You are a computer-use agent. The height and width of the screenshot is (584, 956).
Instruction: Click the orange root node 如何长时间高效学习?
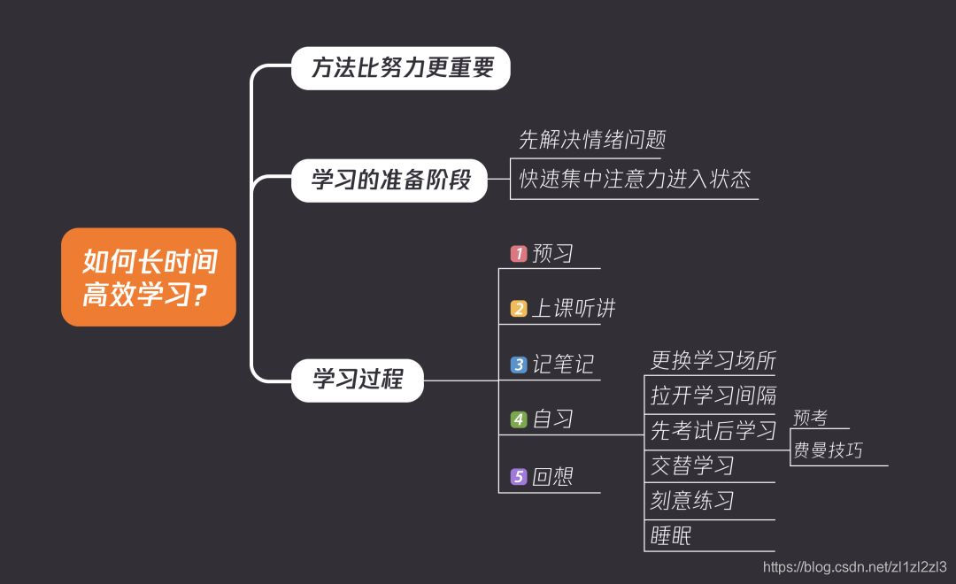(149, 277)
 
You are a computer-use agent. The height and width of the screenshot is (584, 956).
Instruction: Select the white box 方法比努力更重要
(401, 68)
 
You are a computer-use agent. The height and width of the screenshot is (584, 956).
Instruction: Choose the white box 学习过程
(358, 380)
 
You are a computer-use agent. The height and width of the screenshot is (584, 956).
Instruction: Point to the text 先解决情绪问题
(591, 140)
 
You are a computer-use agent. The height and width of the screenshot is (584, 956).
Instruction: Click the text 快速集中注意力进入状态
(634, 179)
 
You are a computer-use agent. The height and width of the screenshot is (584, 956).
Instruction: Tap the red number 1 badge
(519, 254)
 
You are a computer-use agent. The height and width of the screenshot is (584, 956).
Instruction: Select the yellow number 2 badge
(519, 309)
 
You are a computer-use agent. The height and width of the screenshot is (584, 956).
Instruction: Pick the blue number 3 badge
(519, 365)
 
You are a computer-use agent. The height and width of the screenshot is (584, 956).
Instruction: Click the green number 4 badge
(519, 419)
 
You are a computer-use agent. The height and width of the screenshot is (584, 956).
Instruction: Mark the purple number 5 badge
(519, 477)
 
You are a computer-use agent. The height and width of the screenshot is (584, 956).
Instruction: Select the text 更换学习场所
(713, 360)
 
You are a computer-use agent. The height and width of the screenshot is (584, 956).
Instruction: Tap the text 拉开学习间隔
(713, 395)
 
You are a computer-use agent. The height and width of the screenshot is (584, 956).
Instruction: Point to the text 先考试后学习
(713, 431)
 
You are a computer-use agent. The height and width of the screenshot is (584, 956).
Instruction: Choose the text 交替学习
(692, 465)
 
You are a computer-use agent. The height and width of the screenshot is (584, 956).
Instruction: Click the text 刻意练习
(692, 501)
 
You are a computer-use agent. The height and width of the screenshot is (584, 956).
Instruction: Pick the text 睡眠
(671, 535)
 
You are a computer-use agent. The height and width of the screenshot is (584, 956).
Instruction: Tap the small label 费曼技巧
(828, 450)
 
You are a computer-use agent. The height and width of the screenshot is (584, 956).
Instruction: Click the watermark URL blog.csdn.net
(855, 567)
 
